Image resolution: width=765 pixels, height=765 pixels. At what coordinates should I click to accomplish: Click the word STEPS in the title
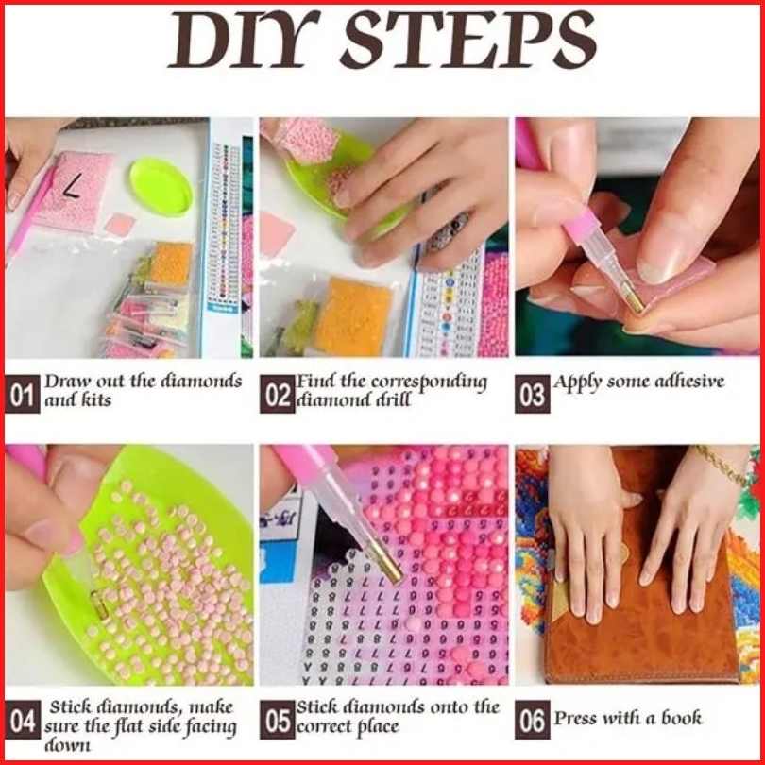click(468, 40)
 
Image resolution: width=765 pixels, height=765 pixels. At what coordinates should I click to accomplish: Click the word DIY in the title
click(244, 40)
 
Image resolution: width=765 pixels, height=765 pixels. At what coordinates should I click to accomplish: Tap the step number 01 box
click(22, 394)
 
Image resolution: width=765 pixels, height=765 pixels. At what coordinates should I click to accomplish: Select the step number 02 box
click(277, 394)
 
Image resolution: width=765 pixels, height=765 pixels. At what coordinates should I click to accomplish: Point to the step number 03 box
click(533, 394)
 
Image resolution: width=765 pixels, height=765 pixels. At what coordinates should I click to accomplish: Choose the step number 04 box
click(23, 720)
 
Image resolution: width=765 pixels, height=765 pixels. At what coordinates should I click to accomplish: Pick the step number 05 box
click(277, 720)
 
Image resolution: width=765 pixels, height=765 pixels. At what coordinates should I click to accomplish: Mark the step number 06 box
click(533, 720)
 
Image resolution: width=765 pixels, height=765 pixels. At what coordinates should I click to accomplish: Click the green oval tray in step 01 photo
click(161, 186)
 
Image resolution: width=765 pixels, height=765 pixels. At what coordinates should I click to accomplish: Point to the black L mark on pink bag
click(72, 187)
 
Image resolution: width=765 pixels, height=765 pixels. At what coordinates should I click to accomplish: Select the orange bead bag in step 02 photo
click(352, 317)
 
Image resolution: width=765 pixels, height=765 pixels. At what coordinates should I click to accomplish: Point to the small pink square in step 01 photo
click(120, 225)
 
